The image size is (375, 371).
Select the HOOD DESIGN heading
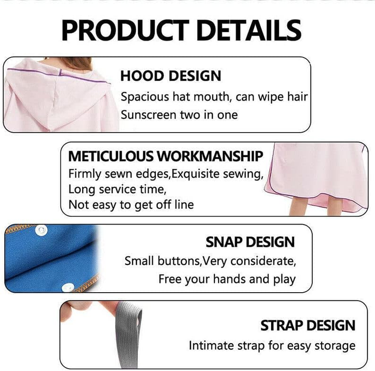[x=171, y=76]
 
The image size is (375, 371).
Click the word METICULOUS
[x=110, y=156]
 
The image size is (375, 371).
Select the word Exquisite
[x=213, y=174]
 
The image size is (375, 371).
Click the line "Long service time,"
[x=117, y=189]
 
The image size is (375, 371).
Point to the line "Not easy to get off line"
[x=131, y=205]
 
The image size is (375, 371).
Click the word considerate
[x=264, y=261]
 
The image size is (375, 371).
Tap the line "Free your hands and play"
[x=226, y=279]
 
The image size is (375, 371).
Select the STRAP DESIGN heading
[x=308, y=326]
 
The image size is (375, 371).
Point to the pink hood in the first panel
[x=56, y=100]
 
